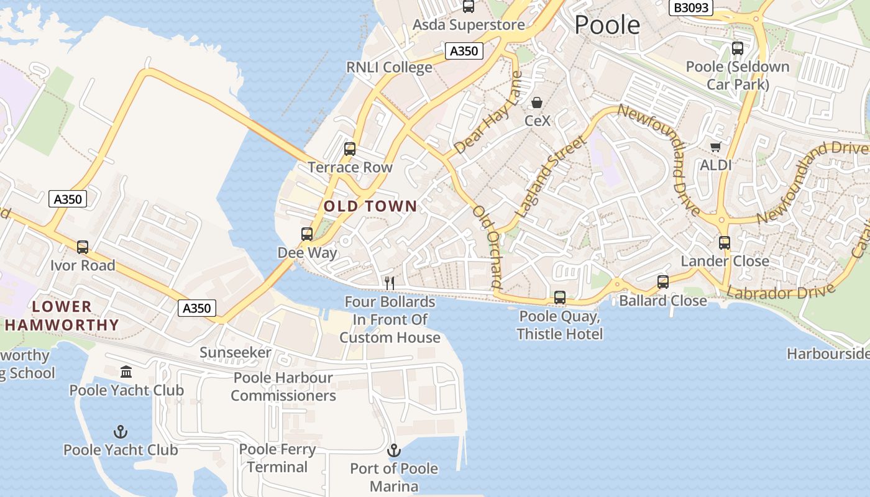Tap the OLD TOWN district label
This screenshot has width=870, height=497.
[370, 206]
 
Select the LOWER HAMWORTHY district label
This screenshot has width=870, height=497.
[62, 316]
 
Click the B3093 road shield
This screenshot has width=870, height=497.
[690, 7]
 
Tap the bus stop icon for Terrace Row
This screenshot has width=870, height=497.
[350, 149]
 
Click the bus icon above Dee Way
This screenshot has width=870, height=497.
[307, 234]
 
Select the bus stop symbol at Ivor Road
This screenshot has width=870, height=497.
[83, 247]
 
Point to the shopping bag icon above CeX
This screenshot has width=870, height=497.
[537, 103]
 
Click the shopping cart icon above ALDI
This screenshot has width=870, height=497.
[715, 147]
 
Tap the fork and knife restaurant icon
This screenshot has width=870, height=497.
[390, 283]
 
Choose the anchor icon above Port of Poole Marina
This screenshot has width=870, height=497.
[393, 450]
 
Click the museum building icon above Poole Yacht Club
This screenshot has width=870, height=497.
[126, 372]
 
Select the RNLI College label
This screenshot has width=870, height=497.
[389, 67]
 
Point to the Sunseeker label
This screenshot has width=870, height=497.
[235, 353]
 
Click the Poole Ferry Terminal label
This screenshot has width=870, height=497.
[277, 458]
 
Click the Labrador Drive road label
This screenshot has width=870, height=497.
[780, 293]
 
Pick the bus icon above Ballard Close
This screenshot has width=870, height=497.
[663, 282]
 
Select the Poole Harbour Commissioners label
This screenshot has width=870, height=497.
[283, 386]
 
